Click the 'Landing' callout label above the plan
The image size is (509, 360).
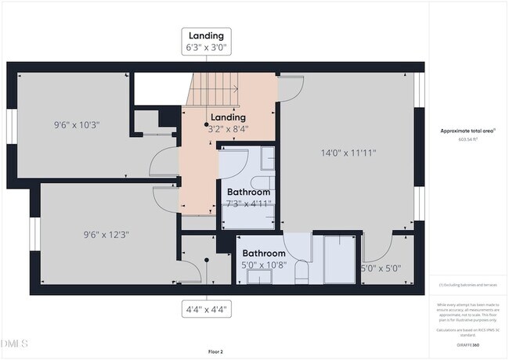coord(206,35)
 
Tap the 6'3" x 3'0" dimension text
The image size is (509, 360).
coord(206,49)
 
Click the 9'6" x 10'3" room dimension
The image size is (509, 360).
coord(77,124)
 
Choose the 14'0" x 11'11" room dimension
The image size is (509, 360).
coord(348,153)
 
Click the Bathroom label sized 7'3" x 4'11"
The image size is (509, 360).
coord(248,192)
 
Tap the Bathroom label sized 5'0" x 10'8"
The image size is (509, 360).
coord(263,254)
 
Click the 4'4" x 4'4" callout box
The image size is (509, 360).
coord(206,308)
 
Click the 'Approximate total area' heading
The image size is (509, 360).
coord(467,131)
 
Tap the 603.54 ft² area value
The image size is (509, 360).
coord(467,139)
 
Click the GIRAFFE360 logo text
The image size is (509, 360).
coord(467,344)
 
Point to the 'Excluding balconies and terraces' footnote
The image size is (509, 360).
coord(467,285)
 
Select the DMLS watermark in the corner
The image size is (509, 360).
coord(14,344)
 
